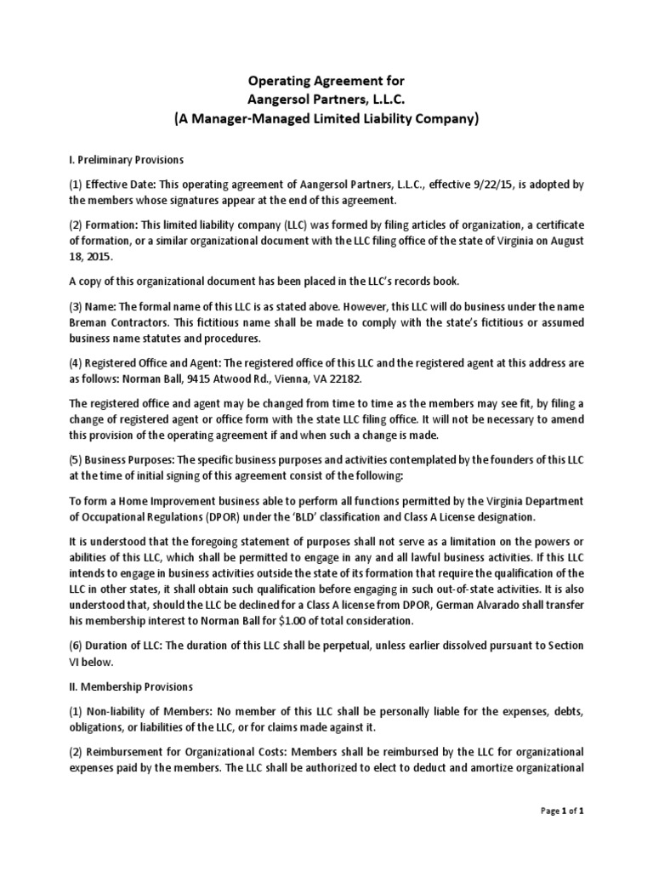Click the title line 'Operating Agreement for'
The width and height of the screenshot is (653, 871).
[x=326, y=81]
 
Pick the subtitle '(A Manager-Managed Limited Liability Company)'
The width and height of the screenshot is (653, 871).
[x=326, y=120]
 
